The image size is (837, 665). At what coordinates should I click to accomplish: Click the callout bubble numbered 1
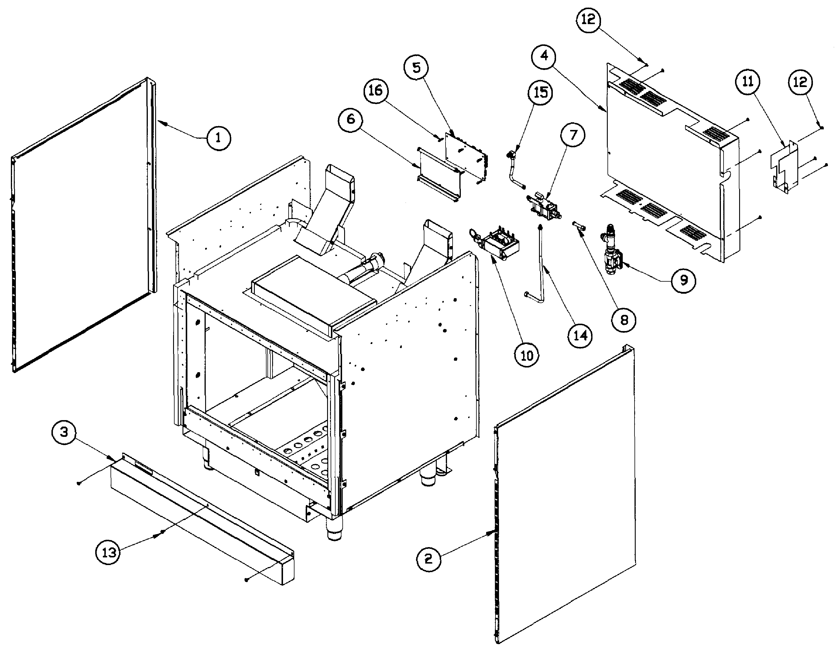(218, 138)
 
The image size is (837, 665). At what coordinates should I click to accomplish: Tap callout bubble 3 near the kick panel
(64, 432)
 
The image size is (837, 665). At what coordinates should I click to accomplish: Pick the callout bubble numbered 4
(544, 56)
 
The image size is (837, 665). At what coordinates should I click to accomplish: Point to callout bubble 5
(416, 68)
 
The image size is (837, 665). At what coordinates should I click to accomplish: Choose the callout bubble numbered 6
(350, 119)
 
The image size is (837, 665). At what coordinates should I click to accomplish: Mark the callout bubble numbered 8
(623, 320)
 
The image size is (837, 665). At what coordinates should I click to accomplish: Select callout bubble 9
(684, 280)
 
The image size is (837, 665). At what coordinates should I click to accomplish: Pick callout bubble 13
(108, 552)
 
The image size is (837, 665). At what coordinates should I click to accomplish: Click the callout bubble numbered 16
(375, 91)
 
